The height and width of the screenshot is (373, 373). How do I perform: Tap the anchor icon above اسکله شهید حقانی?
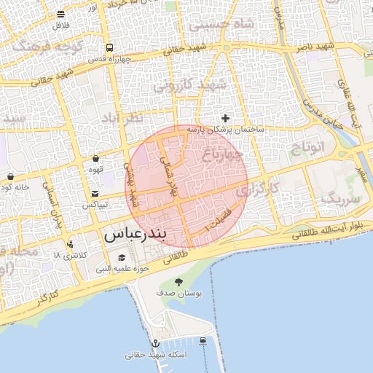155,343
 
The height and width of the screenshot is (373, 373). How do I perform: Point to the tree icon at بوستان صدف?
178,282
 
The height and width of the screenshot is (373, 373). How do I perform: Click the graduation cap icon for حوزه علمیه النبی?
122,257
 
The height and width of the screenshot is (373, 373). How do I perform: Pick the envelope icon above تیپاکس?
96,194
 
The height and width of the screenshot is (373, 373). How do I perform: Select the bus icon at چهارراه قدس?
107,45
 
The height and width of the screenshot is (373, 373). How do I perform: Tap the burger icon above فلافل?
60,14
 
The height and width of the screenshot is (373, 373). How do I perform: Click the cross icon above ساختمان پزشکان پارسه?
225,118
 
